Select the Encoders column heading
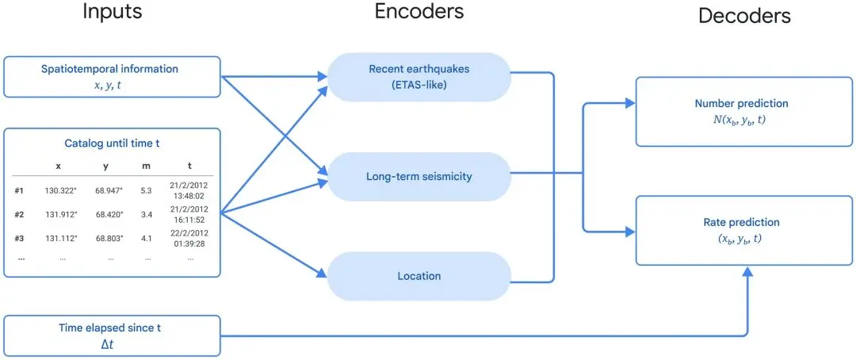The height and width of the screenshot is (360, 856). [x=420, y=11]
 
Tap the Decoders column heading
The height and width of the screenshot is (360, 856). [x=743, y=17]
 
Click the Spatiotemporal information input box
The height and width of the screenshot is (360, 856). [x=110, y=77]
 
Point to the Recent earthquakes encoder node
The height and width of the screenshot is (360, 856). [x=418, y=77]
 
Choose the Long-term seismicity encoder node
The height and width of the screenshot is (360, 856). [x=418, y=177]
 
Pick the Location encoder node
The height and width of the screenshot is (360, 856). [x=418, y=276]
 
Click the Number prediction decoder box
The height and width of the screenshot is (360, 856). [x=741, y=112]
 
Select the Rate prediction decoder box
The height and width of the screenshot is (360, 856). [x=741, y=230]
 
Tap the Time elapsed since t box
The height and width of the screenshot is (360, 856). [x=110, y=335]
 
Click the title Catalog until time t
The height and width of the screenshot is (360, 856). [x=110, y=144]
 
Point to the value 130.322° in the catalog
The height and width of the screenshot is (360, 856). [x=59, y=191]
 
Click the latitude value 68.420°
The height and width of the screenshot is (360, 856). [x=105, y=214]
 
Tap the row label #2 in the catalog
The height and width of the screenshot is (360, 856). [x=19, y=214]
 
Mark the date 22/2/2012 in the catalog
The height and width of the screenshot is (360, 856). [x=190, y=232]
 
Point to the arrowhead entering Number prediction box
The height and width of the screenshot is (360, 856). [x=632, y=103]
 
